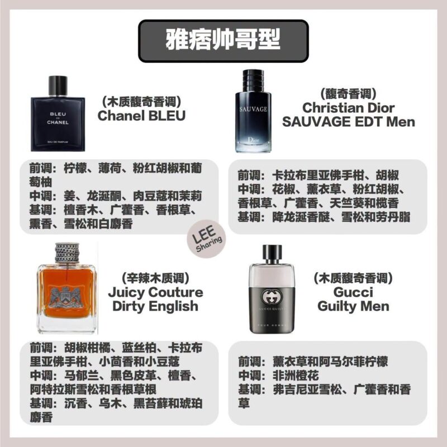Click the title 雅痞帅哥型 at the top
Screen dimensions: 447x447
(223, 40)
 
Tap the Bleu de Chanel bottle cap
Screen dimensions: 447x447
(58, 85)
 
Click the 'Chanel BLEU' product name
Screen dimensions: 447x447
(141, 116)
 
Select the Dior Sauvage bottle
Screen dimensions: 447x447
(253, 111)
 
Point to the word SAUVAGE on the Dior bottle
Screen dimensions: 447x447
(253, 109)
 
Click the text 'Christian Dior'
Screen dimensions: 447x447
(348, 108)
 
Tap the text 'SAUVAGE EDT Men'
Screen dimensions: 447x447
(348, 122)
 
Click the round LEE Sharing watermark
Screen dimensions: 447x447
(206, 239)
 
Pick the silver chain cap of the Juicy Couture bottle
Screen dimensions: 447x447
(67, 253)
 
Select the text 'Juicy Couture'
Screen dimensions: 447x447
(155, 292)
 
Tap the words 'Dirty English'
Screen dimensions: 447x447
(155, 306)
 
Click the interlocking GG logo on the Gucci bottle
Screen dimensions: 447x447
(271, 297)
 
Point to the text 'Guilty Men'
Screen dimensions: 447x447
(353, 306)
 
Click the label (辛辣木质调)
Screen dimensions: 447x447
(155, 278)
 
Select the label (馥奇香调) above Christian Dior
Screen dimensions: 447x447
(348, 94)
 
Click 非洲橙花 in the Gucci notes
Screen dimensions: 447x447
(296, 375)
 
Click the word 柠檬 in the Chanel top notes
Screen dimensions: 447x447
(75, 168)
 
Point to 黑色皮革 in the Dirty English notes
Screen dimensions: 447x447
(134, 375)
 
